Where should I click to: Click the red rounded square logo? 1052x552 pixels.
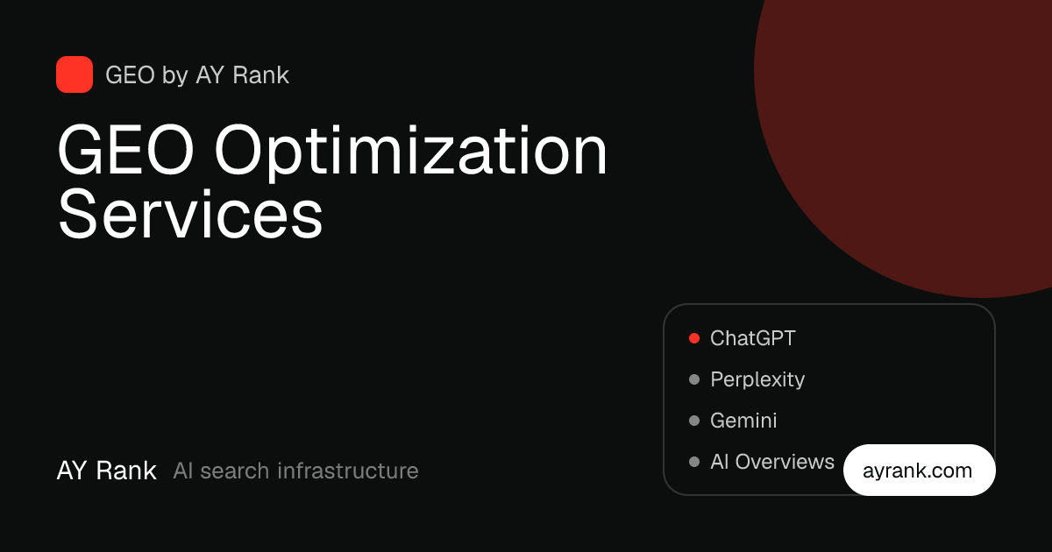[75, 74]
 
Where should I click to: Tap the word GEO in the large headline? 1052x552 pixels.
[125, 150]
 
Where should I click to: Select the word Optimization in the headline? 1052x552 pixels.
[411, 153]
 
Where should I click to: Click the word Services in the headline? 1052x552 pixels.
[190, 214]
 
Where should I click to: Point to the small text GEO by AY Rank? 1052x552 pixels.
[197, 75]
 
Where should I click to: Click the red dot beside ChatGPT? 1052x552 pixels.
[694, 338]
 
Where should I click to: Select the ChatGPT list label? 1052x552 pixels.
[753, 338]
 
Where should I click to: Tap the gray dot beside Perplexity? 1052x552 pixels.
[694, 379]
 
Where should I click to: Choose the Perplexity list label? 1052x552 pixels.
[757, 379]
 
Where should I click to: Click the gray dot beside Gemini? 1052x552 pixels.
[694, 421]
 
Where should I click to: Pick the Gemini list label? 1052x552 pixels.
[743, 421]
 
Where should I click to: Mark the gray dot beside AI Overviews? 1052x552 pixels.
[694, 462]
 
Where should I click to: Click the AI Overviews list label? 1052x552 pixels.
[772, 462]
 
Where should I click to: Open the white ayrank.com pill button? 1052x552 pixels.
[919, 470]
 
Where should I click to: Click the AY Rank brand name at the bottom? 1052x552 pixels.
[107, 471]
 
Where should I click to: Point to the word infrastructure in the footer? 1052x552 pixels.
[347, 471]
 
